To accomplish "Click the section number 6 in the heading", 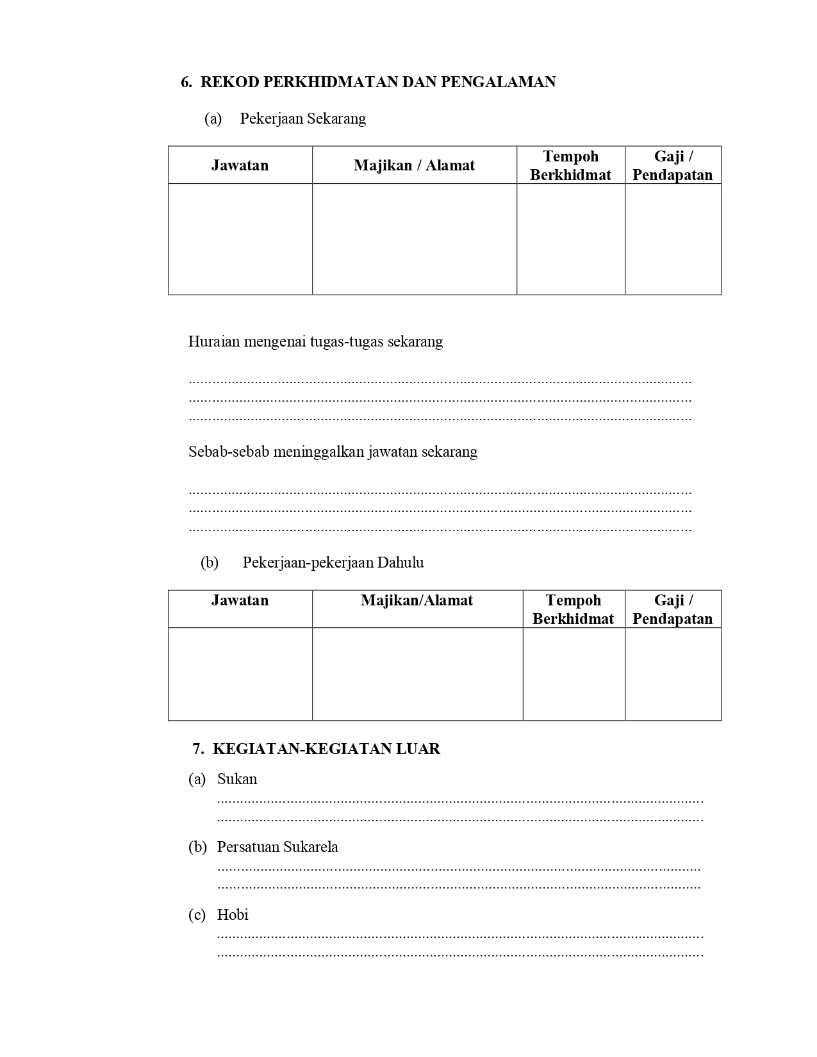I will pos(185,82).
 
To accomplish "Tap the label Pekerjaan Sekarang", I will pos(302,119).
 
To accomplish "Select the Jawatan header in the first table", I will pos(240,165).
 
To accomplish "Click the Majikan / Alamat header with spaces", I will pos(414,165).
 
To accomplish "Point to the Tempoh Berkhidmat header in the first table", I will pos(570,165).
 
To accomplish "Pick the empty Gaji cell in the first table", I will pos(673,239).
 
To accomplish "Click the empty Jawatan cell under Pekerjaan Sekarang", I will pos(240,239).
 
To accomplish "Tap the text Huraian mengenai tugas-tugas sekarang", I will pos(315,341).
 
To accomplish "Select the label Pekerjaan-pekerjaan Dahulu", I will pos(333,562).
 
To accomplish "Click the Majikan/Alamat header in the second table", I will pos(417,600).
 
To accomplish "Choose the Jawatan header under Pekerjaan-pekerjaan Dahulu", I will pos(240,600).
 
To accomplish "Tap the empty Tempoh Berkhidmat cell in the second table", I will pos(574,674).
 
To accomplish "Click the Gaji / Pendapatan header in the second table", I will pos(673,609).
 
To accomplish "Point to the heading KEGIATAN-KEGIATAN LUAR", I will pos(326,749).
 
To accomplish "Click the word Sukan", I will pos(237,779).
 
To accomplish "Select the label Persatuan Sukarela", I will pos(277,847).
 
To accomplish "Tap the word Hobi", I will pos(233,915).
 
